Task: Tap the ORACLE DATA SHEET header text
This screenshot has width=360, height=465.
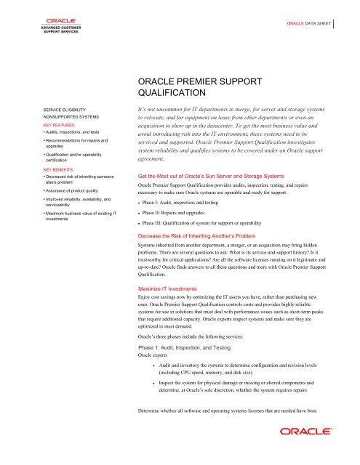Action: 308,23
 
